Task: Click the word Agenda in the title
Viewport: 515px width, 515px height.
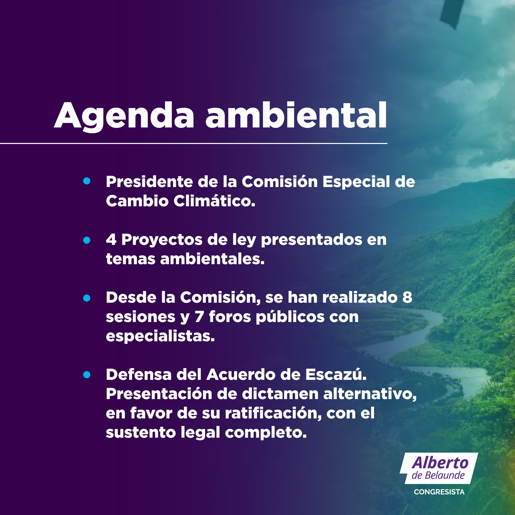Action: pos(124,117)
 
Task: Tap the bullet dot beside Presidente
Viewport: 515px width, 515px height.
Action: pos(87,181)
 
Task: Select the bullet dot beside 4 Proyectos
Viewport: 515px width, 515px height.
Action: pos(87,240)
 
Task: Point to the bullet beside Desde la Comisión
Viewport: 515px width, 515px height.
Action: pos(87,298)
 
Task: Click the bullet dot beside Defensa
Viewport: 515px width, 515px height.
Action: pos(87,375)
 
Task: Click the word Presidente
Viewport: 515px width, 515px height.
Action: pos(149,182)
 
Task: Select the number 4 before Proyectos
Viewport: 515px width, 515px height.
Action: pos(111,239)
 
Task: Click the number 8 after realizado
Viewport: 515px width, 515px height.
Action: pos(407,297)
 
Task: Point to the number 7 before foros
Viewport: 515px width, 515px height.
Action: pos(199,317)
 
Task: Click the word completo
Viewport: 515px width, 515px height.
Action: pos(266,433)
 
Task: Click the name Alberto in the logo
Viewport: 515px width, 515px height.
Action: pos(440,463)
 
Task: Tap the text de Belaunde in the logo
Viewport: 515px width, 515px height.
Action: pos(438,475)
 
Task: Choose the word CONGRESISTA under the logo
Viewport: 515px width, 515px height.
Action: pos(439,492)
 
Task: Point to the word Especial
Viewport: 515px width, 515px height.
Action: pos(356,183)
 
